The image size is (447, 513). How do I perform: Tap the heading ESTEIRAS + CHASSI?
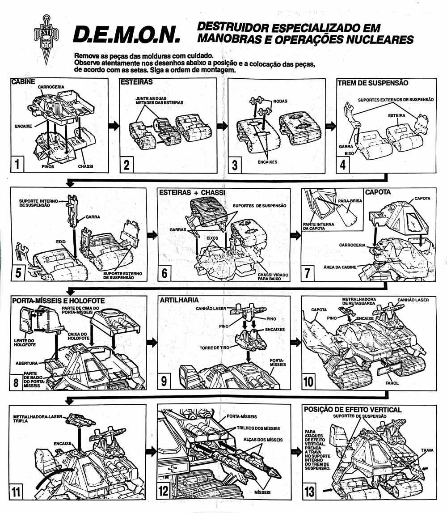coord(191,193)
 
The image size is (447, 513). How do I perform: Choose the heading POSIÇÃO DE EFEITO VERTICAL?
coord(352,409)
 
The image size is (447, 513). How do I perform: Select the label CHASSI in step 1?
coord(85,166)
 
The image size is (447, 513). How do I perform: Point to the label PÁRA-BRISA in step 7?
coord(350,201)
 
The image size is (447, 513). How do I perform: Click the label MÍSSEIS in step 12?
coord(263,491)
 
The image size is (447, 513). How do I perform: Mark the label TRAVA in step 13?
coord(426,449)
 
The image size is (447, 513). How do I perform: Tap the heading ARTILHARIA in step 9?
coord(179,300)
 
